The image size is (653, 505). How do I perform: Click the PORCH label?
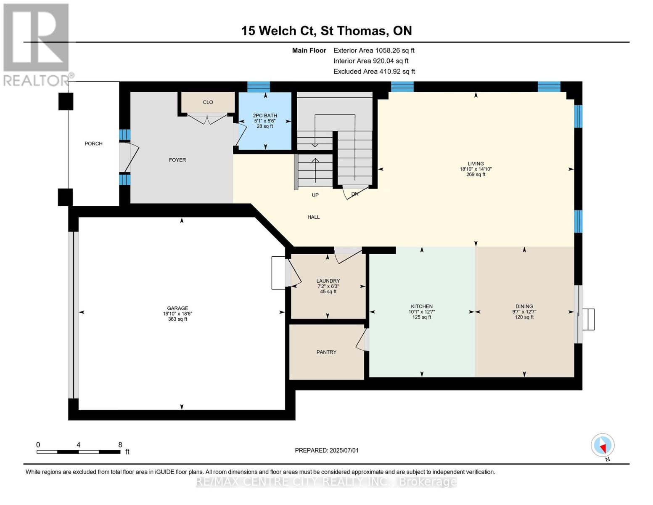coord(93,144)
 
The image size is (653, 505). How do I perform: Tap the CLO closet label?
coord(208,102)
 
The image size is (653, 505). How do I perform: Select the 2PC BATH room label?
coord(265,115)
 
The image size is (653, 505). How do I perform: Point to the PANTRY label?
coord(326,352)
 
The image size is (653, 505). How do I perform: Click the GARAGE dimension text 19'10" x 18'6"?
coord(177,314)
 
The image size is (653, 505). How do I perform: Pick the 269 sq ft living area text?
coord(476,175)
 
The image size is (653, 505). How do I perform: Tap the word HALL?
coord(313,217)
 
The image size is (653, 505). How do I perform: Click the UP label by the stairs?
coord(315,195)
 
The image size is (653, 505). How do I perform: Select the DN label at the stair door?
coord(355,194)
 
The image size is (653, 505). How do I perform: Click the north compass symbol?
coord(603,445)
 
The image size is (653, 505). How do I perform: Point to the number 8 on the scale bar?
coord(120,444)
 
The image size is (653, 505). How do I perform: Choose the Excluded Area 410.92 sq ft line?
coord(374,71)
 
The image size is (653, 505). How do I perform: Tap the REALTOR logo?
coord(38,45)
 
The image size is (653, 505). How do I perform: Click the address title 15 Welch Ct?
coord(279,31)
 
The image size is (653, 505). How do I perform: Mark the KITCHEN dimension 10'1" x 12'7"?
coord(422,312)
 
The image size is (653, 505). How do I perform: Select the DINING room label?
coord(524,306)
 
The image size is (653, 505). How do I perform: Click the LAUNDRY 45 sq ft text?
coord(328,292)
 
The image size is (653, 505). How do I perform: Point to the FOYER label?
coord(177,160)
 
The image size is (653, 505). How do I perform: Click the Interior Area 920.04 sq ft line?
coord(371,61)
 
